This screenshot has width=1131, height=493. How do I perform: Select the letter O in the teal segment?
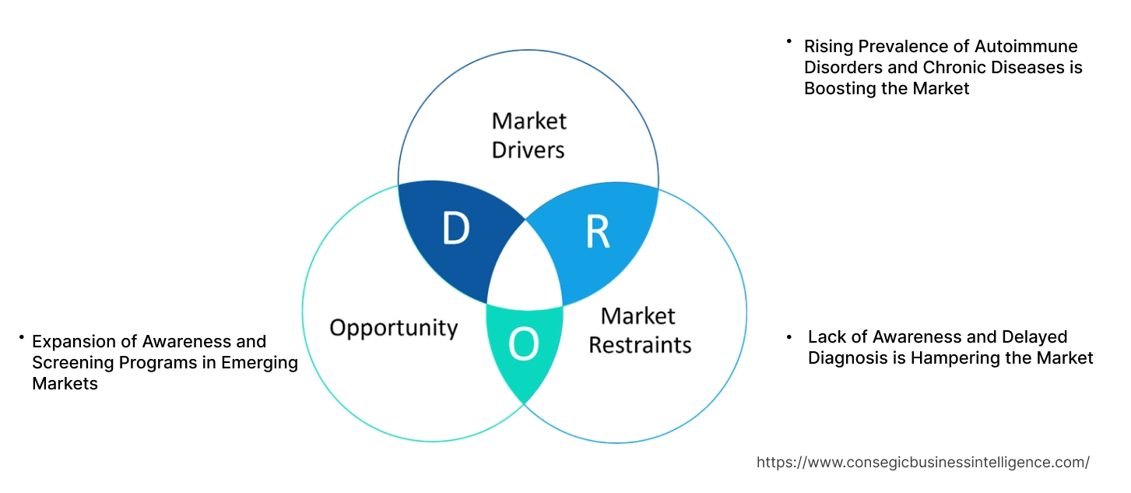click(x=524, y=345)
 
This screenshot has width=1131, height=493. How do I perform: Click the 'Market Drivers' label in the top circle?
click(x=529, y=135)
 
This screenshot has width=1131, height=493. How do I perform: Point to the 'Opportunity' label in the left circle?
click(x=393, y=327)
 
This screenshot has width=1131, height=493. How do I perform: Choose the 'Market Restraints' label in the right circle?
click(x=639, y=329)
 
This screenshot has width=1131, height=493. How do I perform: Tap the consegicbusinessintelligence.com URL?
click(x=923, y=463)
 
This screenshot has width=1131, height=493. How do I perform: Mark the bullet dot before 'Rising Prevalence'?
click(x=789, y=40)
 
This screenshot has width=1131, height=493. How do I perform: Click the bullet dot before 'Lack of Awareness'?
click(x=789, y=337)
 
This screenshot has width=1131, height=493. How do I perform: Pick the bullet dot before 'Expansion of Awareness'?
click(x=22, y=337)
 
